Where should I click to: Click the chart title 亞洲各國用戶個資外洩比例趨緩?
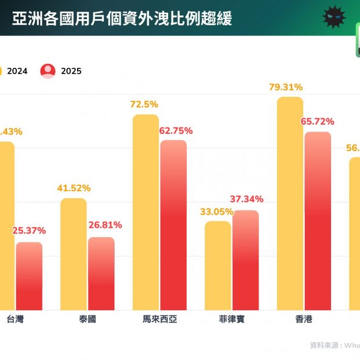pyautogui.click(x=122, y=19)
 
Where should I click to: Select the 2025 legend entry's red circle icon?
pyautogui.click(x=48, y=71)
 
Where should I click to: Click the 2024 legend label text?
pyautogui.click(x=17, y=71)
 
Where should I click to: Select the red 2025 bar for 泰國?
pyautogui.click(x=101, y=274)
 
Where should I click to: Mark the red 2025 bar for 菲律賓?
pyautogui.click(x=246, y=260)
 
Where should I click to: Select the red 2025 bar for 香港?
pyautogui.click(x=318, y=221)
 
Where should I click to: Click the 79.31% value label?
pyautogui.click(x=286, y=88)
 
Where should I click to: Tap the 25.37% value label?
pyautogui.click(x=29, y=231)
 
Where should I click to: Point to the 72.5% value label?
pyautogui.click(x=144, y=104)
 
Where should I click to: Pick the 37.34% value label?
pyautogui.click(x=247, y=199)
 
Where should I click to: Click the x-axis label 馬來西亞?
pyautogui.click(x=159, y=319)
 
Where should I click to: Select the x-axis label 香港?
pyautogui.click(x=304, y=319)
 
